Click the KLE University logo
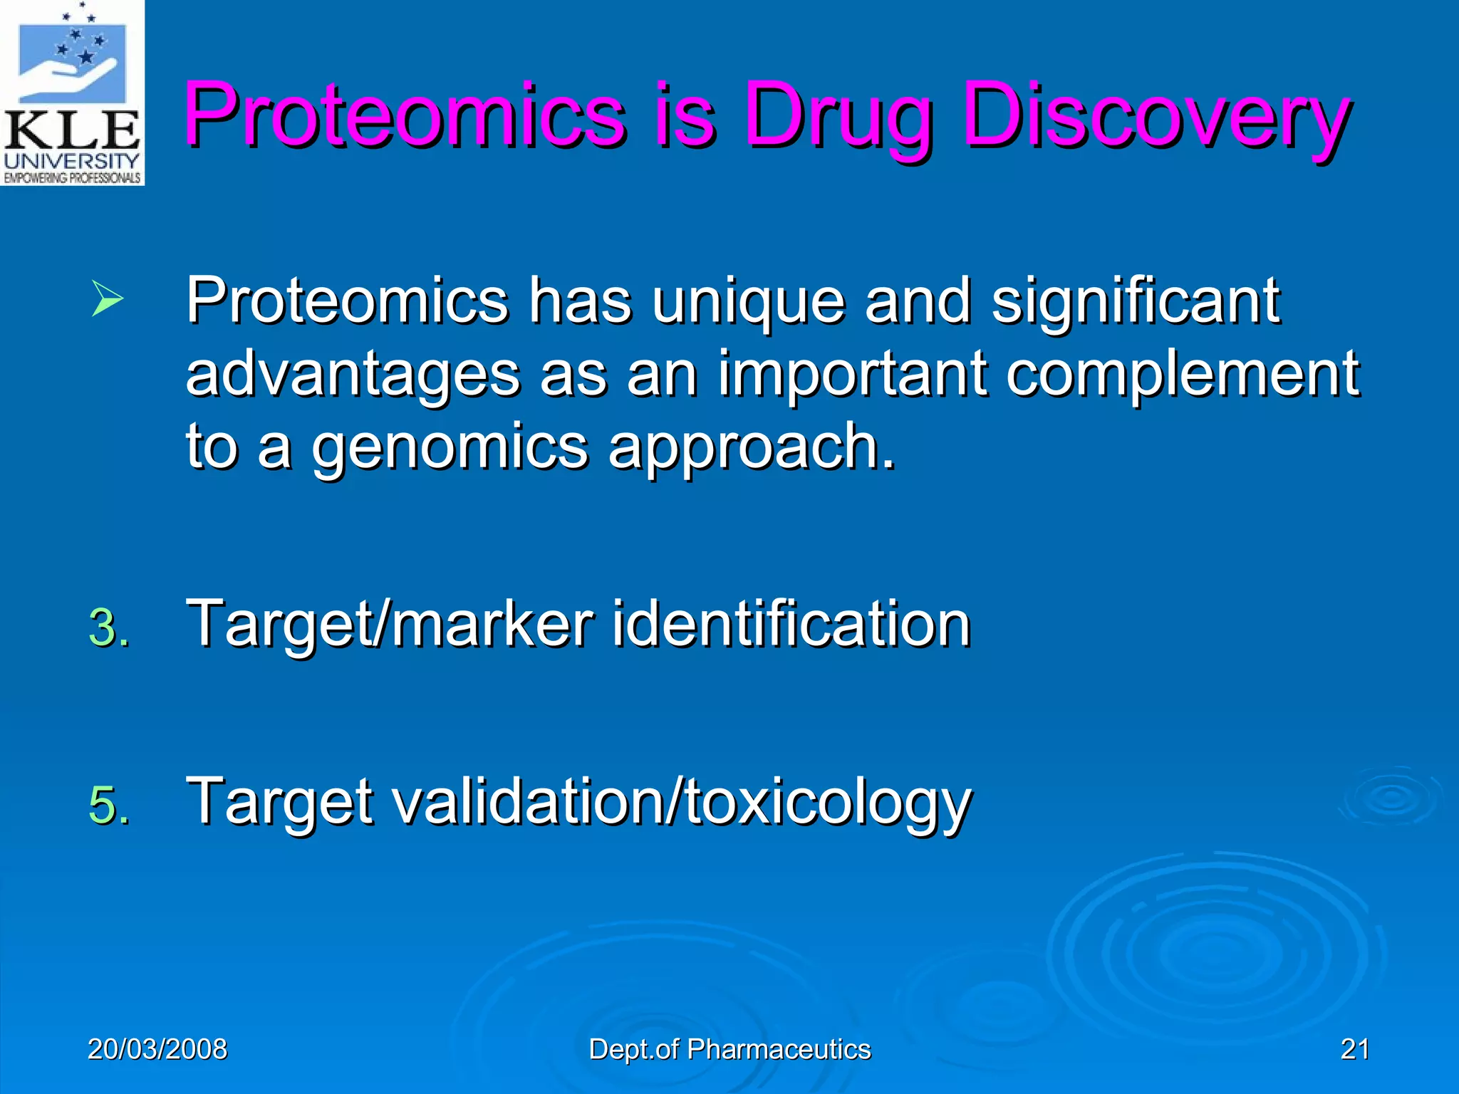[72, 93]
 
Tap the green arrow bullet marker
[108, 300]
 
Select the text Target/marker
[390, 625]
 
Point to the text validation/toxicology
[682, 803]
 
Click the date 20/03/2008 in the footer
[157, 1049]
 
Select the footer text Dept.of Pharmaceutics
[729, 1049]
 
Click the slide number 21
[1354, 1049]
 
